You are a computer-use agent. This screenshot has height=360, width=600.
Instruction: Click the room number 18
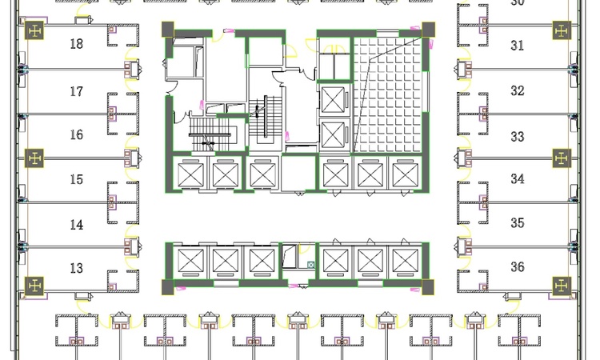pyautogui.click(x=77, y=44)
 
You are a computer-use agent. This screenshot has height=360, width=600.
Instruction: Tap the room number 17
pyautogui.click(x=77, y=91)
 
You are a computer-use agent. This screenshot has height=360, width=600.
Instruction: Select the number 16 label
pyautogui.click(x=77, y=134)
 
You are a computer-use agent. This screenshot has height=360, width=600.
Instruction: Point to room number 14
pyautogui.click(x=77, y=224)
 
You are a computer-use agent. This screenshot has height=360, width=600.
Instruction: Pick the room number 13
pyautogui.click(x=77, y=268)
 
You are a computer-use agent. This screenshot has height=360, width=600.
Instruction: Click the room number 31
pyautogui.click(x=518, y=46)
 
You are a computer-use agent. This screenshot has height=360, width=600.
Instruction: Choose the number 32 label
pyautogui.click(x=518, y=90)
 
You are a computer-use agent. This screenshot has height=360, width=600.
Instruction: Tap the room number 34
pyautogui.click(x=518, y=178)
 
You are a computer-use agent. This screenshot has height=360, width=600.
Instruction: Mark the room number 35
pyautogui.click(x=518, y=222)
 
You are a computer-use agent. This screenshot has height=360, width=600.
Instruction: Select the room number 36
pyautogui.click(x=518, y=266)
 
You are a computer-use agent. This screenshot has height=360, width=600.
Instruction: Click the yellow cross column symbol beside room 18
pyautogui.click(x=34, y=30)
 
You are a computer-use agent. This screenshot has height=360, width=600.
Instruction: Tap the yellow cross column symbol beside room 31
pyautogui.click(x=562, y=30)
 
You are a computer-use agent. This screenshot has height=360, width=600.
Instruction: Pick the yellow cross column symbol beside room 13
pyautogui.click(x=34, y=286)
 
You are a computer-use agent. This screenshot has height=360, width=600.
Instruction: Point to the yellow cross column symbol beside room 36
pyautogui.click(x=562, y=286)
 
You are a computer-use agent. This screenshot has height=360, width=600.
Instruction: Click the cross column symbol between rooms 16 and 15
pyautogui.click(x=34, y=158)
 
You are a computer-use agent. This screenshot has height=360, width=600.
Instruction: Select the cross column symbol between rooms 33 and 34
pyautogui.click(x=562, y=158)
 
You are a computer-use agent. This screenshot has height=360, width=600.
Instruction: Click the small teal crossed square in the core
pyautogui.click(x=310, y=264)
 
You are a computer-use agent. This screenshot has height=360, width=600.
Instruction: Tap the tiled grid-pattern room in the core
pyautogui.click(x=387, y=95)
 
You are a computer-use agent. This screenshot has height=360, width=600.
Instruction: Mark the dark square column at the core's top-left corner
pyautogui.click(x=168, y=30)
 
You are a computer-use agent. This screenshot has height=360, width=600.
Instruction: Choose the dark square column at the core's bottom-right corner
pyautogui.click(x=428, y=287)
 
